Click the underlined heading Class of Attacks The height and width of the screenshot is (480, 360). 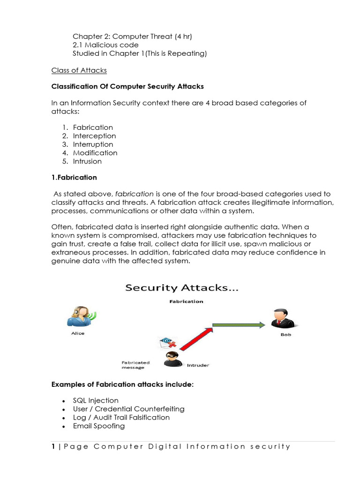[79, 70]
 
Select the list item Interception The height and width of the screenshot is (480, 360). [94, 136]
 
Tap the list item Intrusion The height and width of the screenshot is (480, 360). [87, 161]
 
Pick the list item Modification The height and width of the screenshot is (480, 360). [95, 153]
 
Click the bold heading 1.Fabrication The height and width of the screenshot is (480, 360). [74, 177]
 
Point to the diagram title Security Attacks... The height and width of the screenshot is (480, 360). [181, 289]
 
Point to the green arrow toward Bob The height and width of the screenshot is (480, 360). [239, 324]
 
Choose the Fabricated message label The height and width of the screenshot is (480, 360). [135, 365]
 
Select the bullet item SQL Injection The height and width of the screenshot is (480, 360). [96, 400]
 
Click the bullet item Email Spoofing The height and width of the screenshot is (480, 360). [99, 426]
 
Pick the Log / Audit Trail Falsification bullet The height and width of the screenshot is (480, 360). [121, 417]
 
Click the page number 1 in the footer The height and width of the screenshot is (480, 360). [53, 446]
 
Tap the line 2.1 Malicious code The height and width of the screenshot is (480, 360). [105, 45]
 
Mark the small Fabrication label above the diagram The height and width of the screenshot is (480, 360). [186, 301]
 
